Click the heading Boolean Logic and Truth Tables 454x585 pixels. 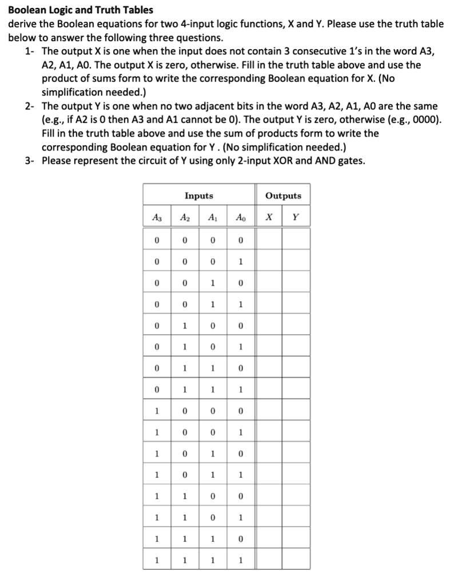(x=81, y=10)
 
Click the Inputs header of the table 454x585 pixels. (x=198, y=196)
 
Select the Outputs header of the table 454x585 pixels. (x=284, y=196)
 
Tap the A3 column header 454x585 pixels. (x=156, y=217)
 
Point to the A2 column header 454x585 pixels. (x=184, y=217)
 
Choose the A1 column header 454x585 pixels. (x=212, y=217)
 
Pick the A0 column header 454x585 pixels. (x=240, y=217)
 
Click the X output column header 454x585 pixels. (x=269, y=217)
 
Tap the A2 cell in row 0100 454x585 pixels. (x=184, y=325)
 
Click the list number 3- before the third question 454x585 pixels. (x=31, y=161)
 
